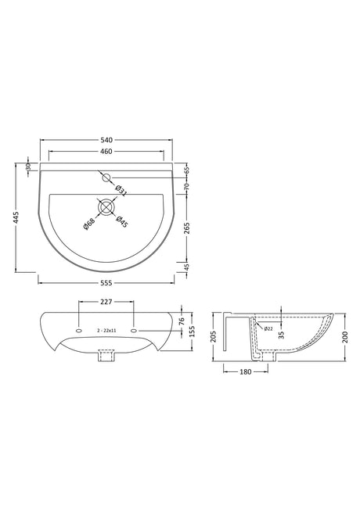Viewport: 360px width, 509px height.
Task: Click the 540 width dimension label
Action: click(106, 140)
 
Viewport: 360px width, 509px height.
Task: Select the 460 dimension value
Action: click(106, 151)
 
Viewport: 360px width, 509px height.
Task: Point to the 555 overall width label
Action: click(106, 283)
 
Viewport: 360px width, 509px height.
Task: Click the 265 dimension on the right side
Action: click(187, 228)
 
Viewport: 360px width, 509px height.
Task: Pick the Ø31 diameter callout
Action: click(121, 191)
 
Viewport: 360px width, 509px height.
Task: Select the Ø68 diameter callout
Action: click(88, 224)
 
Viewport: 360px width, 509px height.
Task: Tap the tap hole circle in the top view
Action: click(106, 178)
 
